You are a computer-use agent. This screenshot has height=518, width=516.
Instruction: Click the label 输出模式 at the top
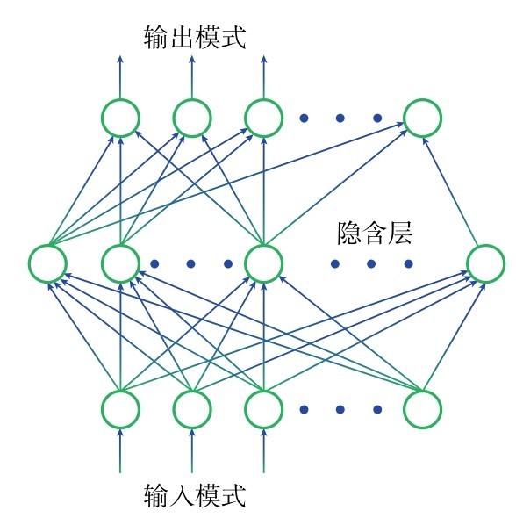pyautogui.click(x=195, y=38)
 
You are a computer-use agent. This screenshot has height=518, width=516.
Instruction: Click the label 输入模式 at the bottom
pyautogui.click(x=195, y=495)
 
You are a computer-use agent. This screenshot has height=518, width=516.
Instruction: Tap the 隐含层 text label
pyautogui.click(x=375, y=234)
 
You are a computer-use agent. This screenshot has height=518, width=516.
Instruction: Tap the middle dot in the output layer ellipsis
pyautogui.click(x=340, y=118)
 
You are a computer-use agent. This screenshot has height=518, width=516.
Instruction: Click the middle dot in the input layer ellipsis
pyautogui.click(x=340, y=410)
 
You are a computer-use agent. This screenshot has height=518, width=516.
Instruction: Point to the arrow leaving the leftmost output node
pyautogui.click(x=120, y=77)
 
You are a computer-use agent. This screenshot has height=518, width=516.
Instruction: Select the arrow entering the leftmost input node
pyautogui.click(x=120, y=450)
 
